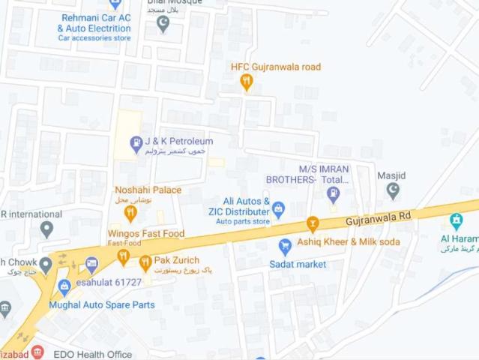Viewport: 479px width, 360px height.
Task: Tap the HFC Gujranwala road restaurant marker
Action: [x=247, y=83]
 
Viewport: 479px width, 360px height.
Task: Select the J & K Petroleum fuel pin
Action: [x=136, y=142]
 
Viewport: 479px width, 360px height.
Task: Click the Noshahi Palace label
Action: [x=148, y=190]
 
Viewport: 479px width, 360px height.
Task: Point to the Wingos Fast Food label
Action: [x=146, y=233]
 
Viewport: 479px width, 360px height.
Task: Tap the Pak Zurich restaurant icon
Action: [x=145, y=263]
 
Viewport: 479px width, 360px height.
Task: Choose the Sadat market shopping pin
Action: [x=285, y=246]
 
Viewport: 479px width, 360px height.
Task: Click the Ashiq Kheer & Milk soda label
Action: [x=349, y=241]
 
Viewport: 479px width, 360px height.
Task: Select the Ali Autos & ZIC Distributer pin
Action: [x=279, y=209]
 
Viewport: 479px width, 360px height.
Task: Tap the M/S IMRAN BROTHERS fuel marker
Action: [x=334, y=194]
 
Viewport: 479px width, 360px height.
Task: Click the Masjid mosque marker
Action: [x=393, y=191]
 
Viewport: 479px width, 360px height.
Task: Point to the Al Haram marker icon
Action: [x=456, y=221]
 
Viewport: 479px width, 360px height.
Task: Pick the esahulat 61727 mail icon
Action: [x=91, y=264]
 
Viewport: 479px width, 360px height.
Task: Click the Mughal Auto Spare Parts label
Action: [x=102, y=305]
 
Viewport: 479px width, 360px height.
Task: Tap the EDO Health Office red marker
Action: [x=38, y=352]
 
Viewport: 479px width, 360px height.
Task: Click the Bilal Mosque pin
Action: [x=163, y=23]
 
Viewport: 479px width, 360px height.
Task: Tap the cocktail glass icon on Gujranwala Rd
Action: [x=313, y=223]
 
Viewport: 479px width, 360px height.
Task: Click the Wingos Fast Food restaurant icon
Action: [x=123, y=257]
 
